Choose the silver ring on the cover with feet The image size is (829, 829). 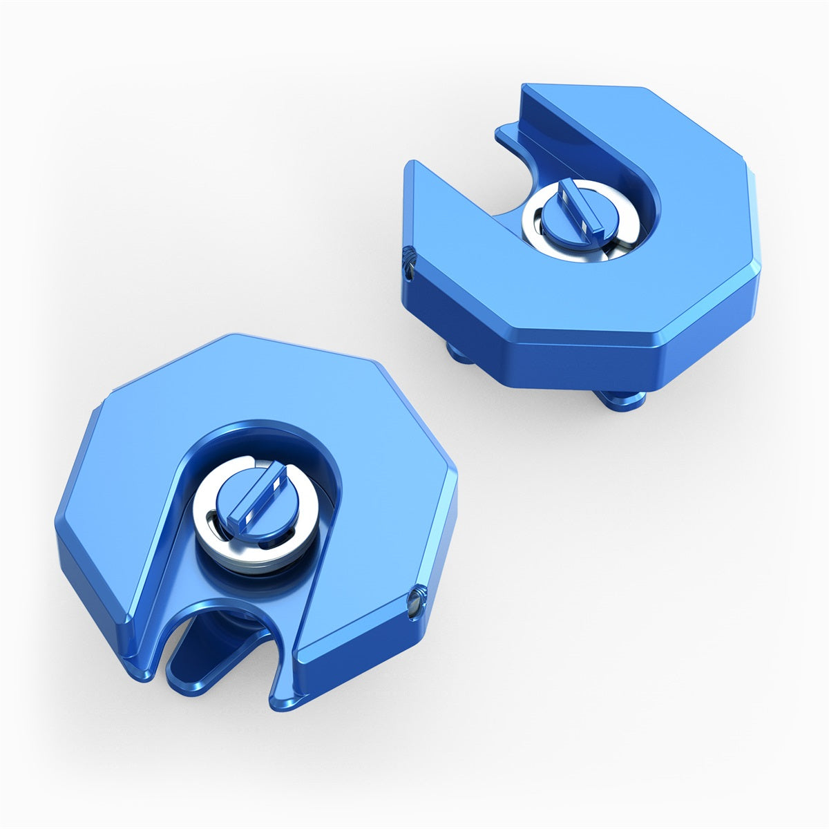click(536, 221)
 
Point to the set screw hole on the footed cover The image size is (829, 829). click(407, 262)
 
